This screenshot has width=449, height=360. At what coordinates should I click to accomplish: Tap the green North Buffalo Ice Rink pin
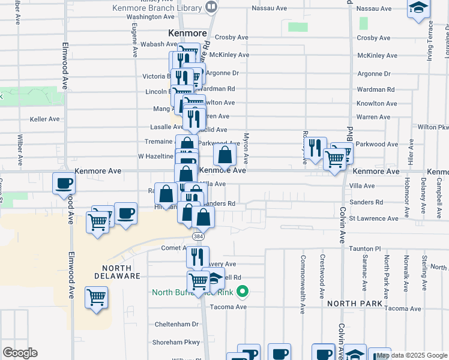tap(243, 293)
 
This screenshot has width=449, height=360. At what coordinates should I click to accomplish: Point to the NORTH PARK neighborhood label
tap(355, 304)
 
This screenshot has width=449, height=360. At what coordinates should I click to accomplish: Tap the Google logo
tap(20, 353)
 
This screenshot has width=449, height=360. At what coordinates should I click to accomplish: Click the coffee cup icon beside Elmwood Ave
tap(64, 184)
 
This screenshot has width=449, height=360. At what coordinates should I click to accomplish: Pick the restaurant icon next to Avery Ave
tap(197, 256)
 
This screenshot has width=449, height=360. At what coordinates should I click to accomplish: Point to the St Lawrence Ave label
tap(373, 218)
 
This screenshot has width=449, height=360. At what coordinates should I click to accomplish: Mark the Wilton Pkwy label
tap(433, 128)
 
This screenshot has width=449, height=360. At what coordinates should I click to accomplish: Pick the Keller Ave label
tap(45, 119)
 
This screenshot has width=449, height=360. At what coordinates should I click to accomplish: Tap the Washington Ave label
tap(149, 17)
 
